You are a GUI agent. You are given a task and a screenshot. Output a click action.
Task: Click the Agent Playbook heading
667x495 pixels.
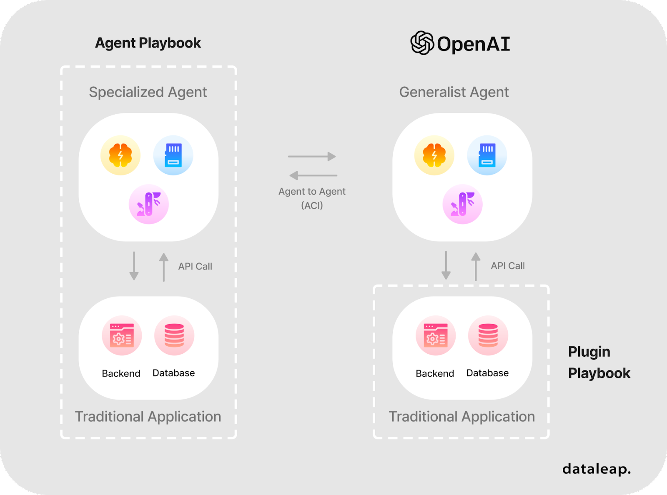click(x=148, y=43)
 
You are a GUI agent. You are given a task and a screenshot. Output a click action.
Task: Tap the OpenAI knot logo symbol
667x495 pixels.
click(x=422, y=43)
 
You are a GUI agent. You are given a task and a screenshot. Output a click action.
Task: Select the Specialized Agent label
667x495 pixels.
click(x=148, y=92)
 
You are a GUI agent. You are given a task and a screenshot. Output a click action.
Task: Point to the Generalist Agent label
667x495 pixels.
click(x=454, y=92)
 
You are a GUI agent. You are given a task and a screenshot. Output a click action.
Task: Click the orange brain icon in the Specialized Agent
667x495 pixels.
click(x=120, y=155)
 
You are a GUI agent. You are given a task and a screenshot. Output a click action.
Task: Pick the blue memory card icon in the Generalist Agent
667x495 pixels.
click(x=487, y=155)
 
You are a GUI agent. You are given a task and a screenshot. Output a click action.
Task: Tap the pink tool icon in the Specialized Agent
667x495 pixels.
click(x=149, y=204)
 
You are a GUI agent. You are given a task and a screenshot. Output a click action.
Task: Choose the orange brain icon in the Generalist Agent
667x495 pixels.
click(x=434, y=155)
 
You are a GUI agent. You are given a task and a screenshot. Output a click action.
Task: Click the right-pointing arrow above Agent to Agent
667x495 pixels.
click(x=312, y=156)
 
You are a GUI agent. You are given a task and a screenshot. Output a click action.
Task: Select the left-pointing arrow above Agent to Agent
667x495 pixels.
click(x=313, y=175)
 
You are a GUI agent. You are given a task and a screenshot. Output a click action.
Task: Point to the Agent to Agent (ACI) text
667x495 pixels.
click(x=312, y=198)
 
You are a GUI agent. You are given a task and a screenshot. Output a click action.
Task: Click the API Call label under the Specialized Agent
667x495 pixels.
click(x=195, y=266)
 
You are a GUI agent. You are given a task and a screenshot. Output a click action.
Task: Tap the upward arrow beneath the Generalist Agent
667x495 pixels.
click(x=476, y=266)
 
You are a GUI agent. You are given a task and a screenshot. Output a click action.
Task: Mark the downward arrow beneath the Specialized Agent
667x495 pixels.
click(x=134, y=266)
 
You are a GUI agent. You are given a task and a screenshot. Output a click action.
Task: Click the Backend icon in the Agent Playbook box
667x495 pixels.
click(x=122, y=335)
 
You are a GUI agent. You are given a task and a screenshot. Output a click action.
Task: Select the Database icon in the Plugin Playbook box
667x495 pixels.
click(x=488, y=335)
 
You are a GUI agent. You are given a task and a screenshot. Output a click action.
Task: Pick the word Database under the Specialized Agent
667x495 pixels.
click(x=173, y=373)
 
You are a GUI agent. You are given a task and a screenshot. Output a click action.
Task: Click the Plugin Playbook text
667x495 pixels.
click(x=599, y=362)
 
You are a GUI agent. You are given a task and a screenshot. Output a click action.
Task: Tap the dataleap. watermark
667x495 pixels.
click(x=596, y=469)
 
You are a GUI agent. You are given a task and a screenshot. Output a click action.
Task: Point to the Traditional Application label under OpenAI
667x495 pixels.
click(x=461, y=417)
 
